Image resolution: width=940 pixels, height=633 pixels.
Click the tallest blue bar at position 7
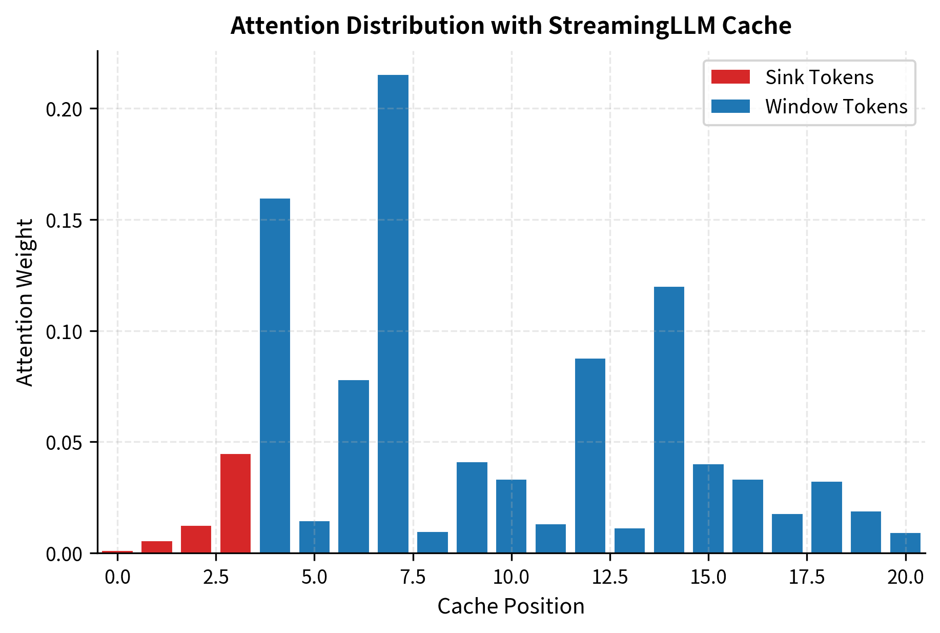[393, 313]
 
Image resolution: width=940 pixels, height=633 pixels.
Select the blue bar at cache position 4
[275, 374]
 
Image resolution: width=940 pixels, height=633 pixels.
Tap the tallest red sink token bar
[236, 503]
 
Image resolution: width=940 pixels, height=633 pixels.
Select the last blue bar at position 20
[905, 543]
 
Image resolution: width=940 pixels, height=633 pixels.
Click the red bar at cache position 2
[196, 539]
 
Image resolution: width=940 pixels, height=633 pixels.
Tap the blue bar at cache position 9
[472, 507]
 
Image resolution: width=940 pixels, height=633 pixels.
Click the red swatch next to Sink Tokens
[730, 77]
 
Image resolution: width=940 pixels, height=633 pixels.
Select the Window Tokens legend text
[836, 107]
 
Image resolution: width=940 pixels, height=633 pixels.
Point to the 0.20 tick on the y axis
[64, 109]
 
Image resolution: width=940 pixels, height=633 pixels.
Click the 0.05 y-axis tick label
[64, 443]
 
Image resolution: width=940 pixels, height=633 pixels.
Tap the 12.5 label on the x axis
[610, 578]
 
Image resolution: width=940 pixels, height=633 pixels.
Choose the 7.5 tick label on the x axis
[413, 578]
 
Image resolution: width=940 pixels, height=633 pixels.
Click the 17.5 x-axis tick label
[807, 578]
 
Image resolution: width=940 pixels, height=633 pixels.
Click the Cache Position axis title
[510, 607]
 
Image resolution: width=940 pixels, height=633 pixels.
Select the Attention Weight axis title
[25, 303]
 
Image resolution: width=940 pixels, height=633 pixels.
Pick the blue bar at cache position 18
[826, 517]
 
